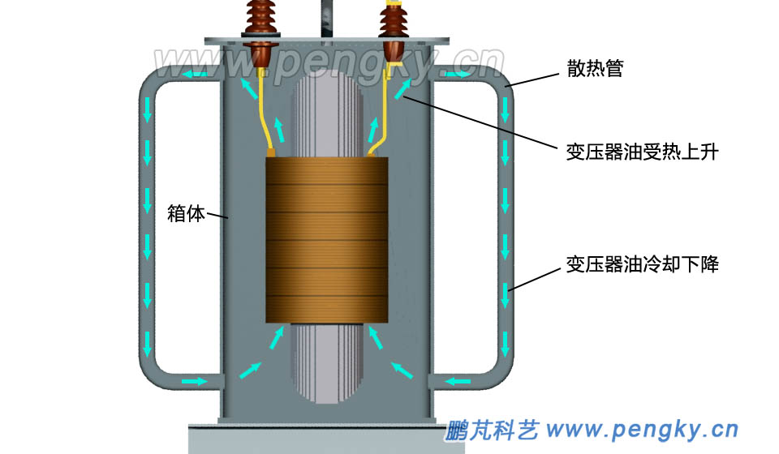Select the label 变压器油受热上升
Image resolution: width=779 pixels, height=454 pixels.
tap(641, 152)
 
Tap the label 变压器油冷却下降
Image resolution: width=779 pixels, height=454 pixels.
tap(641, 264)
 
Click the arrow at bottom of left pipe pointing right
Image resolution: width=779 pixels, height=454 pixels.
tap(195, 380)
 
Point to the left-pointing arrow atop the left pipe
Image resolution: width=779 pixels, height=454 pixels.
tap(192, 75)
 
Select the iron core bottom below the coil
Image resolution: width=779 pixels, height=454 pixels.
tap(327, 365)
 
